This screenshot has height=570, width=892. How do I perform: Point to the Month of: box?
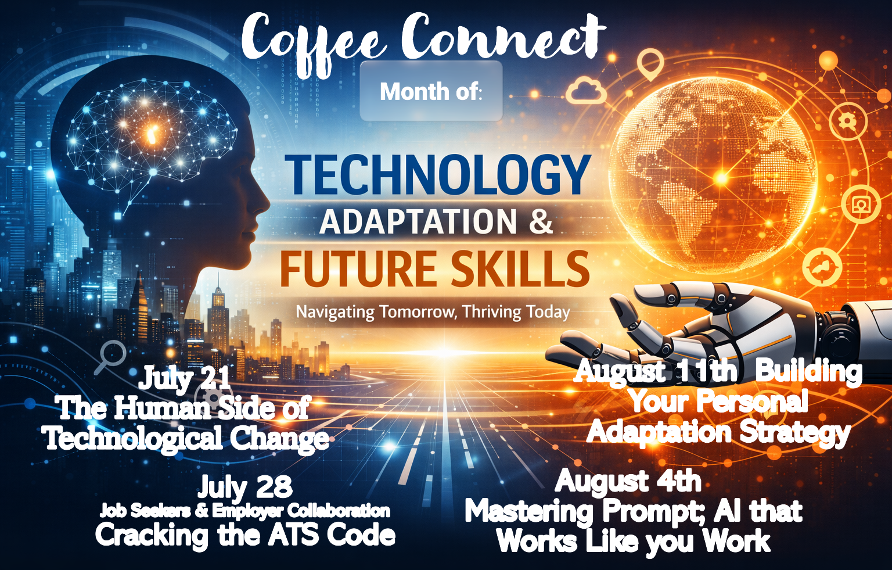pos(431,91)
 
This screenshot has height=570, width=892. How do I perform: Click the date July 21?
pos(184,378)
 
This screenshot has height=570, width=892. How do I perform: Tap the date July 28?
pos(245,486)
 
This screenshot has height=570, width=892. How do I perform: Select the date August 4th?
pos(628,481)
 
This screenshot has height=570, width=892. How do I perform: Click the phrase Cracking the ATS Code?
pos(245,536)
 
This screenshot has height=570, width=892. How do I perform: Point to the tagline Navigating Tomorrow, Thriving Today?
pos(433,312)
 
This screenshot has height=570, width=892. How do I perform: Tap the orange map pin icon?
pos(650,66)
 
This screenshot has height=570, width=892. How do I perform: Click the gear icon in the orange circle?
pos(848,121)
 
